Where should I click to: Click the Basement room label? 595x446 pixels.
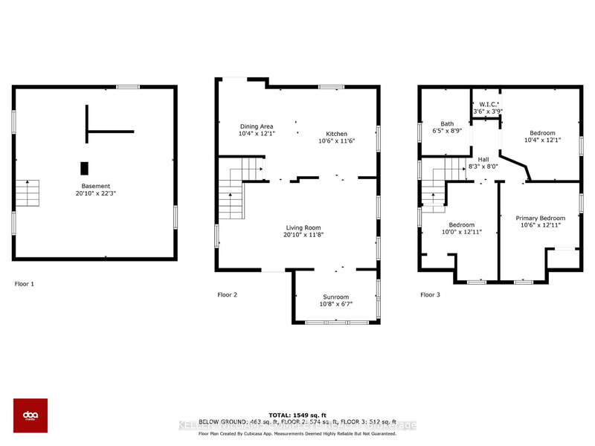pos(96,186)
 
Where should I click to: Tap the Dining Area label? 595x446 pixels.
pos(257,126)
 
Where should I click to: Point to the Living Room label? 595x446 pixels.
pos(303,227)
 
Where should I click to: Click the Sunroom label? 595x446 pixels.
pos(335,297)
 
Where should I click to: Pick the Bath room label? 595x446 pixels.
pos(447,124)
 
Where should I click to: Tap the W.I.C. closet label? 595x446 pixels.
pos(489,104)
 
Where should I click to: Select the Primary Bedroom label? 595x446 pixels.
pos(541,218)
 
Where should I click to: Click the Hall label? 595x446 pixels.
pos(483,159)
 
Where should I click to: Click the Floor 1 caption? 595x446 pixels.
pos(25,284)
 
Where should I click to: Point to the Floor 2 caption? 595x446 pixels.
pos(227,295)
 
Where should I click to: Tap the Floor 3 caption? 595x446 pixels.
pos(431,295)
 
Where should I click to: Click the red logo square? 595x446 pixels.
pos(30,415)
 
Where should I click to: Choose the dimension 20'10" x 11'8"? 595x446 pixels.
pos(303,235)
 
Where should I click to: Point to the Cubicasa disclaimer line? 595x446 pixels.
pos(297,433)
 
